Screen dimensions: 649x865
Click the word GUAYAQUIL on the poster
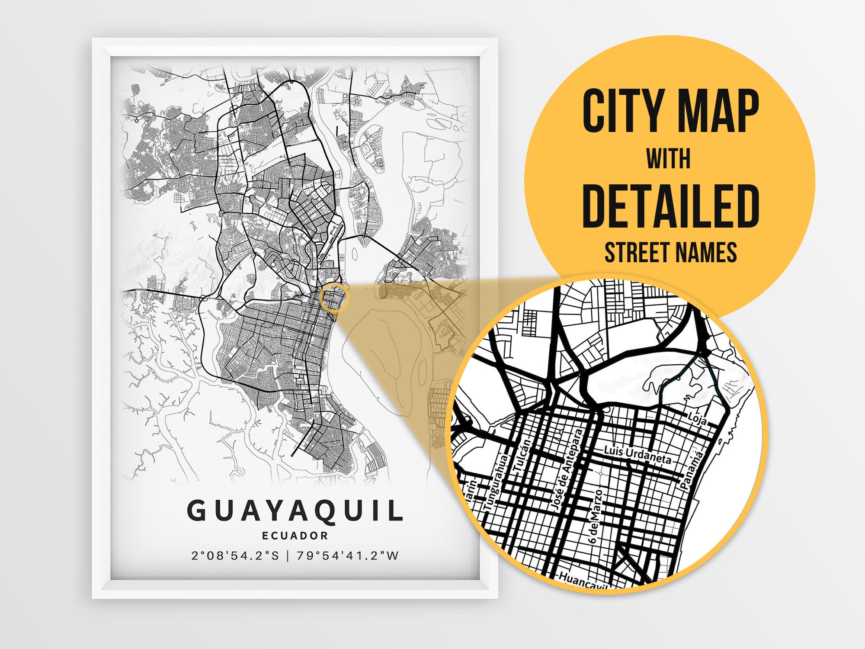coord(295,511)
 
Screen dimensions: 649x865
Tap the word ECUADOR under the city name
coord(295,536)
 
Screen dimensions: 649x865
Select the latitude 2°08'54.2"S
coord(236,556)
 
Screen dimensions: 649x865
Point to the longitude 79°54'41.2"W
coord(348,556)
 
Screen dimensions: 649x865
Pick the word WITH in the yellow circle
coord(669,159)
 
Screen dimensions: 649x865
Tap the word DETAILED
coord(670,206)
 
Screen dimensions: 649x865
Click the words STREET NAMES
coord(670,253)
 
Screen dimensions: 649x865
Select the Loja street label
coord(697,419)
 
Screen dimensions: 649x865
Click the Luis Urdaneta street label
coord(638,455)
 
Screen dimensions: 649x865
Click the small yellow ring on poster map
coord(333,297)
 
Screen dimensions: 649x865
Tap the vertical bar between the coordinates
coord(288,556)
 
